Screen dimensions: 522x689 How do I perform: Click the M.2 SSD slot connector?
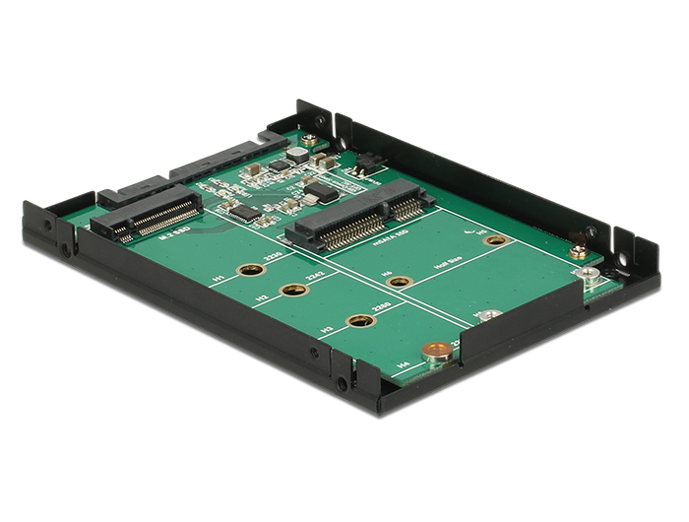pos(148,215)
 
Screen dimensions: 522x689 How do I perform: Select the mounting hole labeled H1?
pos(250,270)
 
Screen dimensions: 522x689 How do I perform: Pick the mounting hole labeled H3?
pos(361,320)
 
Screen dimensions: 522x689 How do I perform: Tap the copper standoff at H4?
pos(433,350)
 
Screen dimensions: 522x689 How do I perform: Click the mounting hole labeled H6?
pos(399,282)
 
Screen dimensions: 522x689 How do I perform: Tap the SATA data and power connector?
pos(187,169)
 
